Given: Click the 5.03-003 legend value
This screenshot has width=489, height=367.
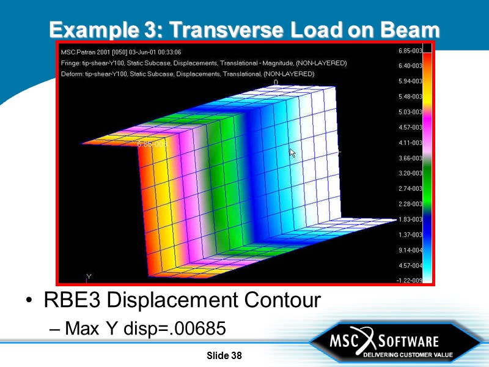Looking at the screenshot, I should coord(410,112).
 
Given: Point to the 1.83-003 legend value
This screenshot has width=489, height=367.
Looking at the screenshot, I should coord(410,219).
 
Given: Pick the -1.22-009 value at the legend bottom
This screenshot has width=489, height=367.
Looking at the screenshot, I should coord(410,281).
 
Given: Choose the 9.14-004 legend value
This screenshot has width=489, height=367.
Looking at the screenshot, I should coord(410,250).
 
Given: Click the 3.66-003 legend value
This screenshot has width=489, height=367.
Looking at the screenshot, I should coord(410,158).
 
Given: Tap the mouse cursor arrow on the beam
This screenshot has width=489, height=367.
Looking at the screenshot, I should coord(292,152).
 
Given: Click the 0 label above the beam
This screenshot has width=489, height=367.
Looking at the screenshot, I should coord(276,82).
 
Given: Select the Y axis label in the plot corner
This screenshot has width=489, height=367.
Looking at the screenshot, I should coord(89,277).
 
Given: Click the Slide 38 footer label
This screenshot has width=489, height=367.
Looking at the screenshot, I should coord(224,356).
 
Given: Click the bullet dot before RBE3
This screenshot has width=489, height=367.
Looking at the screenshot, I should coord(29,301).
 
